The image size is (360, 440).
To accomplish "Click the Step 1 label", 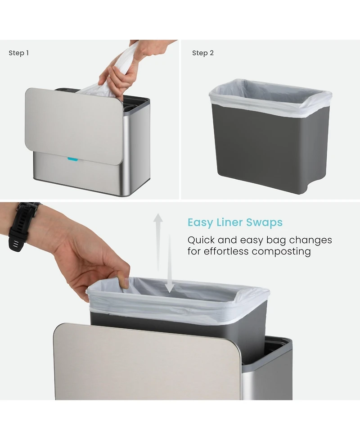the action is [18, 53].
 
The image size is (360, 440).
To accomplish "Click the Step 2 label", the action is [202, 53].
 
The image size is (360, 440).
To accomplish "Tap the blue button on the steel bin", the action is [72, 159].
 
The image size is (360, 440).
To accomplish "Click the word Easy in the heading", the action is [200, 222].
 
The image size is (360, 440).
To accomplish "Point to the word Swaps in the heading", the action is [265, 223].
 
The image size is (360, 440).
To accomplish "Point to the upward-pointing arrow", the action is [158, 242].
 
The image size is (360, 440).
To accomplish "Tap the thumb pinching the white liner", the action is [123, 281].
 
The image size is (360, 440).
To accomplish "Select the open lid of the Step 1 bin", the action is [74, 126].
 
